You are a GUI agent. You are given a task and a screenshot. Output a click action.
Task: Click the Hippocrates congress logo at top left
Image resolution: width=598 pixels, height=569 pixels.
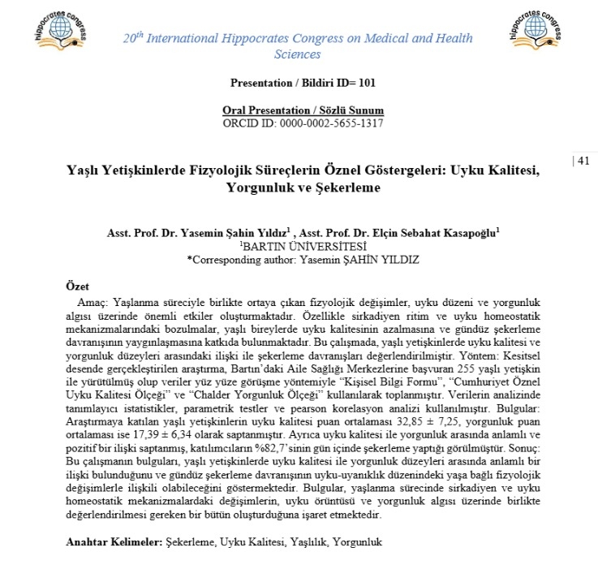(58, 29)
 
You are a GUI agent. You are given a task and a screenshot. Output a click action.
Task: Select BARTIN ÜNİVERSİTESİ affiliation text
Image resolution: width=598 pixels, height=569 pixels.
(303, 246)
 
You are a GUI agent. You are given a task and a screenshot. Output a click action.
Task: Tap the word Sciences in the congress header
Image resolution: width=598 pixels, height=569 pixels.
(298, 55)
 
